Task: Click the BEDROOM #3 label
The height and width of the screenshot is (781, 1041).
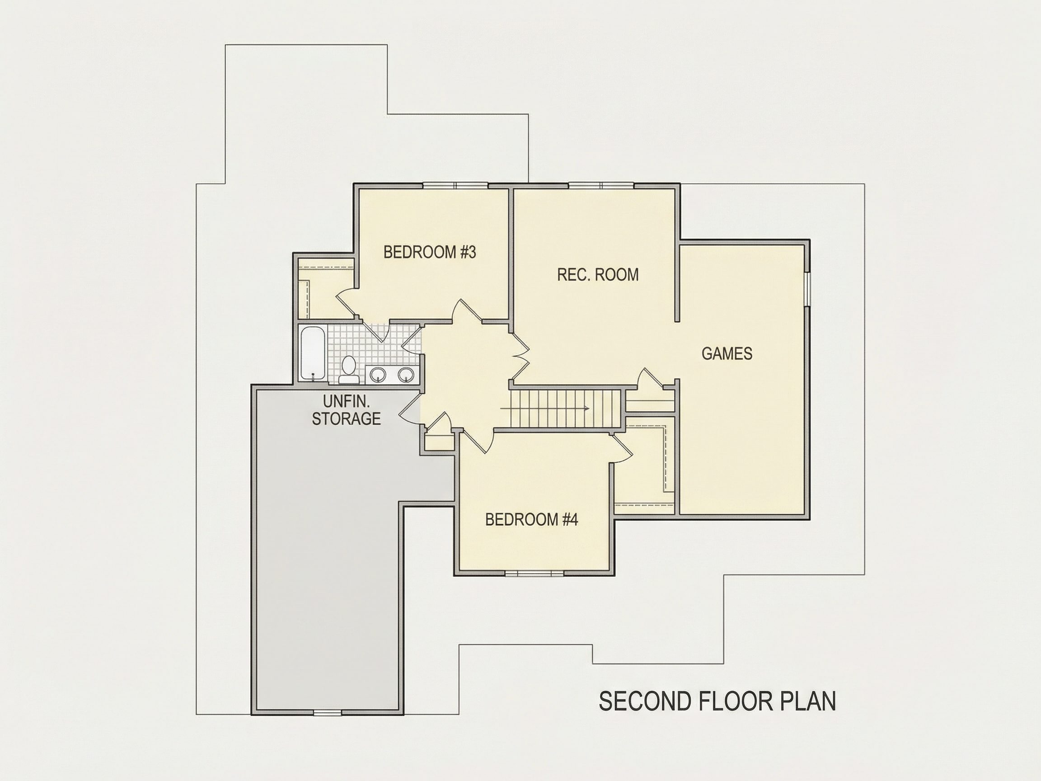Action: (430, 252)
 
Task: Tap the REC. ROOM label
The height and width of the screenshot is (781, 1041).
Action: (598, 274)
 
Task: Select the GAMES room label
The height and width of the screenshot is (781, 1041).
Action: (727, 353)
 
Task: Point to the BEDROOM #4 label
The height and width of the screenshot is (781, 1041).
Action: (531, 520)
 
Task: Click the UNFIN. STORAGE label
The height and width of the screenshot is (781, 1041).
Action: (347, 410)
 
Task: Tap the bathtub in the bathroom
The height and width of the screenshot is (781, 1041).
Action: (313, 353)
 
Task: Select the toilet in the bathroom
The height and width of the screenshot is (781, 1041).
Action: (349, 369)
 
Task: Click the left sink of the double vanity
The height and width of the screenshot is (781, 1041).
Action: (378, 375)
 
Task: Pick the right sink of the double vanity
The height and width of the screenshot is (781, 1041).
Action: (406, 375)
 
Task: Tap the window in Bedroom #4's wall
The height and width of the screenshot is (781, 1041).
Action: (534, 573)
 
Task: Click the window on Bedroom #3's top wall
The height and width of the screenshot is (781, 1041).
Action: (455, 185)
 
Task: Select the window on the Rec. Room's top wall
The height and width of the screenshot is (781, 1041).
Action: (601, 185)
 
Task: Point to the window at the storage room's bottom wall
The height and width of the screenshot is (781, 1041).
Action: (328, 713)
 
